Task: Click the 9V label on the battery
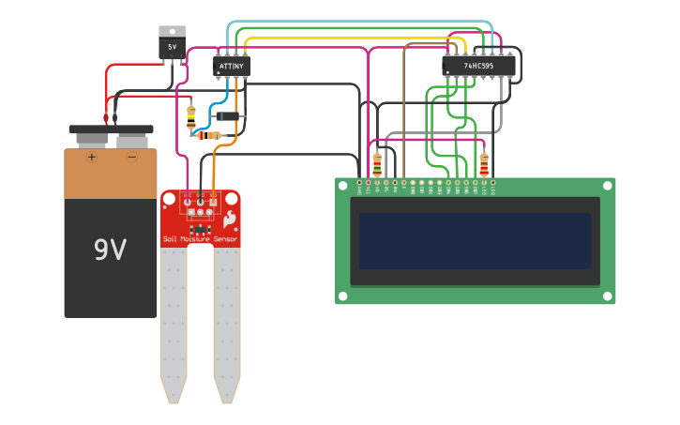pyautogui.click(x=110, y=250)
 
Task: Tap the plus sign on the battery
pyautogui.click(x=92, y=157)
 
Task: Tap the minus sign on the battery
pyautogui.click(x=131, y=157)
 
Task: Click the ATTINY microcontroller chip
pyautogui.click(x=232, y=67)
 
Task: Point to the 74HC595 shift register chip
pyautogui.click(x=478, y=66)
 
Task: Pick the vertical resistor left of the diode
pyautogui.click(x=191, y=116)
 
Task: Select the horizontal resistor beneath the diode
pyautogui.click(x=214, y=136)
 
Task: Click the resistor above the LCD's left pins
pyautogui.click(x=377, y=163)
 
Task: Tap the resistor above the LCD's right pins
pyautogui.click(x=484, y=163)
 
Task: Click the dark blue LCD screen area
pyautogui.click(x=475, y=240)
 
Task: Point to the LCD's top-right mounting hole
pyautogui.click(x=608, y=187)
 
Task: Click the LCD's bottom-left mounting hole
pyautogui.click(x=343, y=296)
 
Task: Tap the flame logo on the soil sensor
pyautogui.click(x=229, y=221)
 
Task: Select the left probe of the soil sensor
pyautogui.click(x=174, y=319)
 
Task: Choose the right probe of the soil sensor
pyautogui.click(x=226, y=319)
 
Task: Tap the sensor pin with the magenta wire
pyautogui.click(x=188, y=200)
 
